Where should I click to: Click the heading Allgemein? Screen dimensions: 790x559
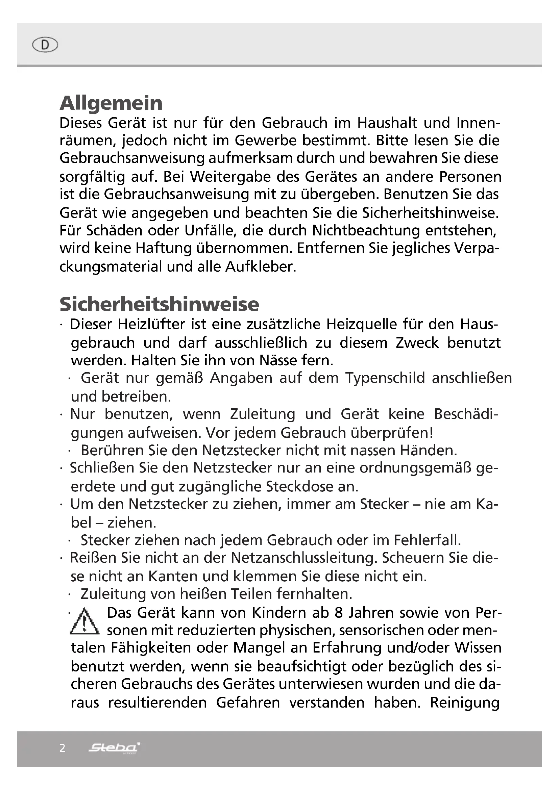point(111,103)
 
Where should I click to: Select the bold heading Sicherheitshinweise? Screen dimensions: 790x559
point(159,304)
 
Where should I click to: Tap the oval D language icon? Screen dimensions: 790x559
point(45,45)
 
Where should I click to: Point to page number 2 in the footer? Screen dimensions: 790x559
point(62,748)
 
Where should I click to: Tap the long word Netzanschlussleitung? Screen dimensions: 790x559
point(302,558)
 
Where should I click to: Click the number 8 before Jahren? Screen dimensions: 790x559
point(338,613)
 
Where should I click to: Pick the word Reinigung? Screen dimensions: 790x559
point(464,703)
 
